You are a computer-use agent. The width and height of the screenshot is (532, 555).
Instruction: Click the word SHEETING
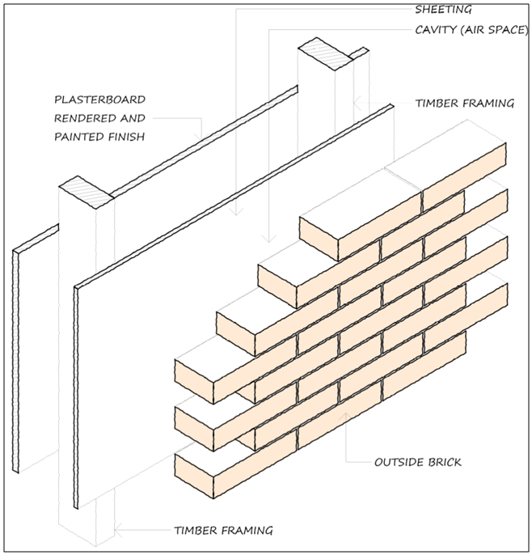point(443,11)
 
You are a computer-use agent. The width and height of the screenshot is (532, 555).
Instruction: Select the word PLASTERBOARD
point(99,100)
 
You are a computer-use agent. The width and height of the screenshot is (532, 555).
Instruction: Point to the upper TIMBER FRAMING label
point(464,104)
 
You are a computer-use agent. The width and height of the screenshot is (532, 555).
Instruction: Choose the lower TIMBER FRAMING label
point(223,531)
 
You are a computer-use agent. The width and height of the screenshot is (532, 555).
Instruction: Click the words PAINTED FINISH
point(99,137)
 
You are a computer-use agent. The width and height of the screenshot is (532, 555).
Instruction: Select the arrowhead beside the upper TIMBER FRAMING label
point(357,104)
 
